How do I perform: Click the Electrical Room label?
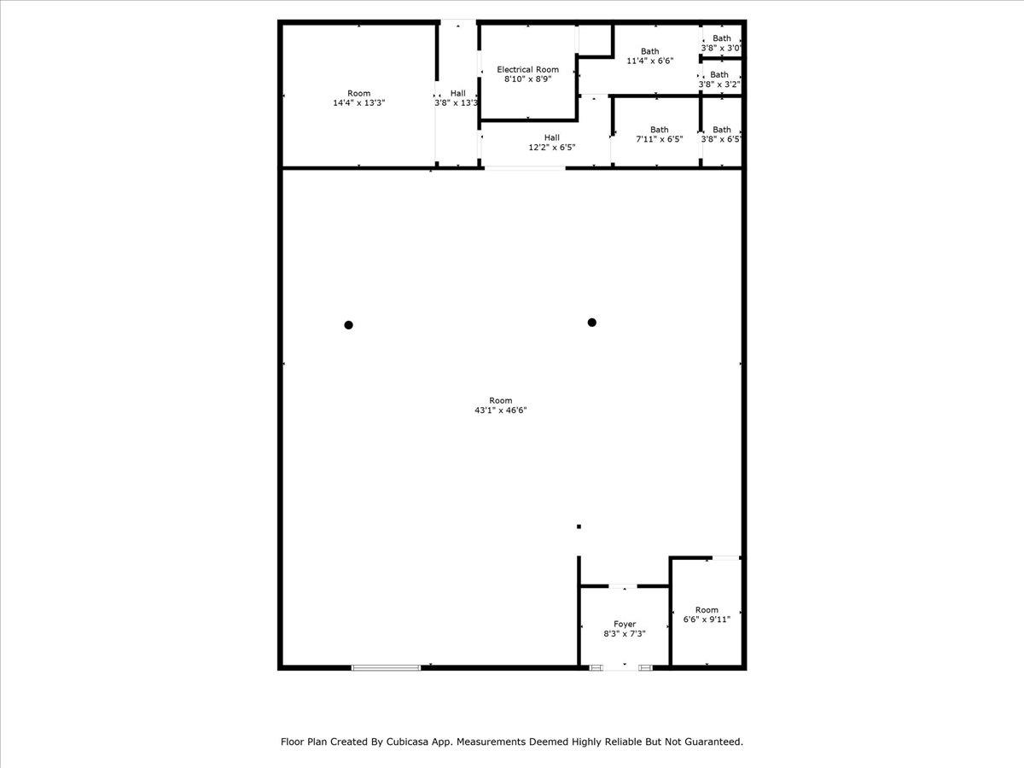pyautogui.click(x=527, y=69)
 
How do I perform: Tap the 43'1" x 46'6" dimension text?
pyautogui.click(x=501, y=410)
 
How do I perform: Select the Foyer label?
pyautogui.click(x=625, y=624)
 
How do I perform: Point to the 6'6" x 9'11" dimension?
pyautogui.click(x=707, y=620)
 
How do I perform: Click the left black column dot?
pyautogui.click(x=348, y=325)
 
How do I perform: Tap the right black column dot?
pyautogui.click(x=592, y=323)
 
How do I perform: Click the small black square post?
pyautogui.click(x=579, y=527)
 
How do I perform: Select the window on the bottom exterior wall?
pyautogui.click(x=386, y=668)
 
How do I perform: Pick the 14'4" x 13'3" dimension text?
pyautogui.click(x=358, y=102)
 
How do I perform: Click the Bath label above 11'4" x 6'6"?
pyautogui.click(x=650, y=51)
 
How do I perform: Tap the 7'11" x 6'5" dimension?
pyautogui.click(x=659, y=139)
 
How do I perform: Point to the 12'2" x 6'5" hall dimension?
pyautogui.click(x=552, y=148)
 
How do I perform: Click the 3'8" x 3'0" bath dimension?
pyautogui.click(x=721, y=48)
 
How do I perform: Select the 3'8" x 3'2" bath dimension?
pyautogui.click(x=719, y=84)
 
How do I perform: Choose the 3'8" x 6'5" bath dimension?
pyautogui.click(x=721, y=139)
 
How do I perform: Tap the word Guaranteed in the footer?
pyautogui.click(x=714, y=742)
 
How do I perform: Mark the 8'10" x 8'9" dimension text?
pyautogui.click(x=527, y=79)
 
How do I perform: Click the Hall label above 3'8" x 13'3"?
pyautogui.click(x=457, y=93)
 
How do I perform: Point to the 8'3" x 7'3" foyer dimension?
pyautogui.click(x=625, y=634)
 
